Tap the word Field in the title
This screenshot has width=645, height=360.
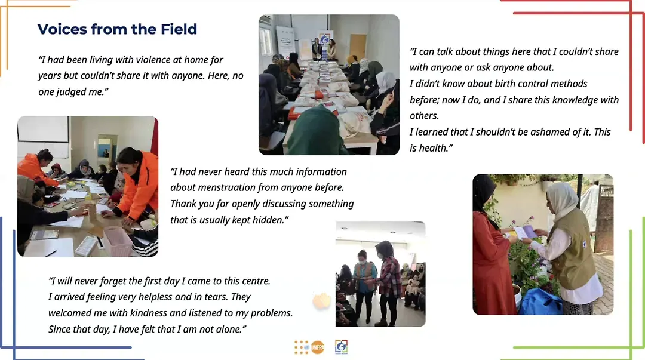[179, 29]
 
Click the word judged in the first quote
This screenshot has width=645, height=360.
[72, 92]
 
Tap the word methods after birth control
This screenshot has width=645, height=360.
[569, 84]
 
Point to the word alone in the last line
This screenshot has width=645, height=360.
[232, 329]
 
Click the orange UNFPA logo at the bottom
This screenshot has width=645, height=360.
[317, 347]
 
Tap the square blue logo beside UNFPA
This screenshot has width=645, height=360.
[342, 347]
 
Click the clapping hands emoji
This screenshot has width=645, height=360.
[321, 301]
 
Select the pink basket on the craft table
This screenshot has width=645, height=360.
[118, 241]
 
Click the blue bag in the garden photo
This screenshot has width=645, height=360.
[540, 301]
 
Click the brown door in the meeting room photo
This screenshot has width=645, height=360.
[358, 46]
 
